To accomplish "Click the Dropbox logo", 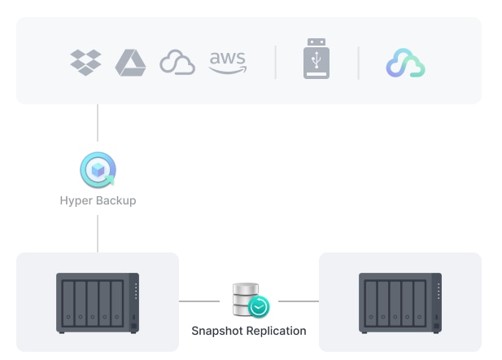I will pos(85,62).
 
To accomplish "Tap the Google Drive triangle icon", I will pos(129,62).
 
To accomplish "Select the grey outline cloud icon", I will pos(177,63).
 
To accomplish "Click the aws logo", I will pos(227,62).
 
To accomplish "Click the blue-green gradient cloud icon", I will pos(405,63).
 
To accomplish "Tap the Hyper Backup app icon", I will pos(98,170).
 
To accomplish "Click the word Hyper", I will pos(76,200).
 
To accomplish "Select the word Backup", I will pos(116,200).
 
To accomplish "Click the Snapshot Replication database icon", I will pos(249,300).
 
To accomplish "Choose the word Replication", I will pos(277,331).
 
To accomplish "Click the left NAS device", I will pos(98,302).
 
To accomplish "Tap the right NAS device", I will pos(399,302).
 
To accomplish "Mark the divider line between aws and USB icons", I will pos(275,62).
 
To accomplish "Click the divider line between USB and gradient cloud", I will pos(359,62).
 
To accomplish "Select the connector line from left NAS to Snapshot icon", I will pos(199,301).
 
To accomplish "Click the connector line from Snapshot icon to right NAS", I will pos(298,301).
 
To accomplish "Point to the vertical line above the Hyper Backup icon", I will pos(98,123).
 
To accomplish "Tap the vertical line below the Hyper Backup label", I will pos(98,233).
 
